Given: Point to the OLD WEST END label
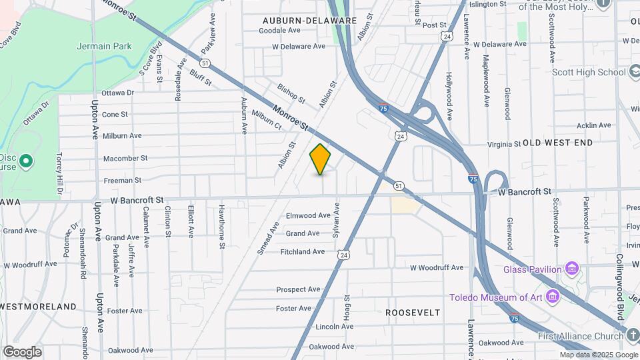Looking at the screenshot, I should pos(557,143).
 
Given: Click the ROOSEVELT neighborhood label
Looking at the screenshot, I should pos(413,312).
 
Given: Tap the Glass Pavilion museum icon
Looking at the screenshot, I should pos(571,269).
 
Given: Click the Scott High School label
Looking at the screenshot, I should pos(589,72).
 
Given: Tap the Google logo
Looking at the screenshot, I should pos(22,352).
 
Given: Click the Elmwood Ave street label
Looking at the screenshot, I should pos(308,215).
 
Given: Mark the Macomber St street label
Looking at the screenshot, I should pos(125,158).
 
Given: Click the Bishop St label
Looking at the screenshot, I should pos(291,94).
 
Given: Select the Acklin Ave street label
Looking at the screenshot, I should pos(594,125).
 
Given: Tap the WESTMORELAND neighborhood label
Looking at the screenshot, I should pos(39,306).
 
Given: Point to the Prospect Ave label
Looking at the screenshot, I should pos(299,289).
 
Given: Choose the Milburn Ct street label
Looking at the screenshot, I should pos(267,118).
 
